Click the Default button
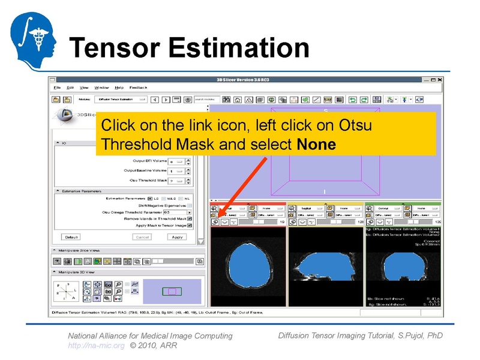click(71, 237)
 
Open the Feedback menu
click(138, 88)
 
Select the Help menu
click(119, 88)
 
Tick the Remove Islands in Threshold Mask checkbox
click(190, 218)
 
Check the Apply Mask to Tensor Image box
click(190, 225)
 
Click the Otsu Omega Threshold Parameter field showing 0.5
click(175, 212)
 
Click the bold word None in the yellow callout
click(316, 145)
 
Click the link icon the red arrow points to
click(215, 221)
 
